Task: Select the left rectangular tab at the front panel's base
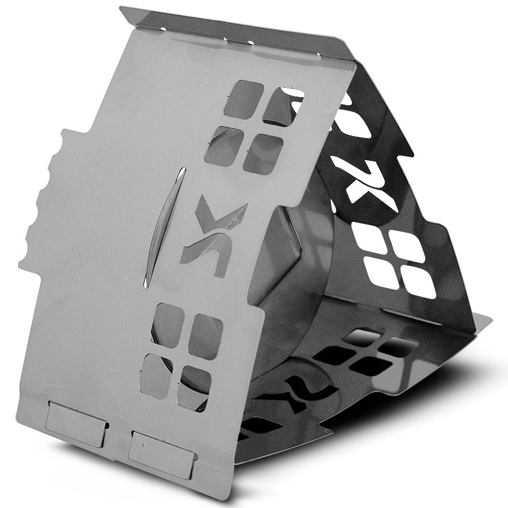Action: pos(76,425)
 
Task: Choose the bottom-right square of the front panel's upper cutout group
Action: pos(263,153)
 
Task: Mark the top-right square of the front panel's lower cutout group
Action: pos(206,336)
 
